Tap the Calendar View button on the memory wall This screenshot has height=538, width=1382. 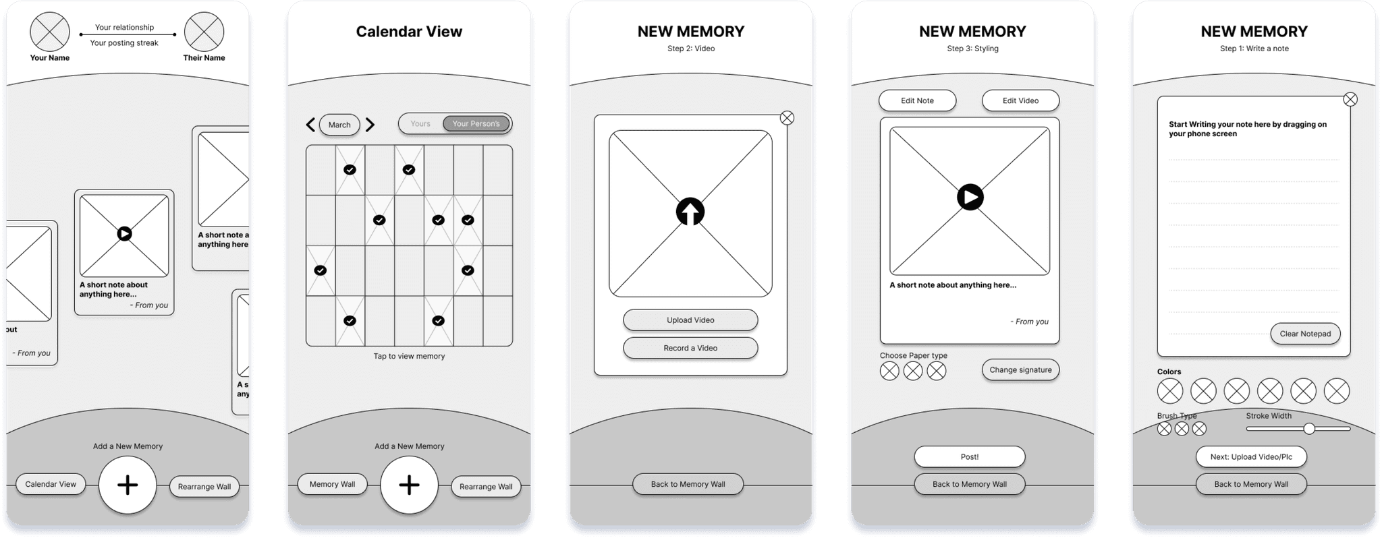click(51, 484)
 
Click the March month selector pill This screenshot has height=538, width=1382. click(339, 125)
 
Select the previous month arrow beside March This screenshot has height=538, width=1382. click(310, 125)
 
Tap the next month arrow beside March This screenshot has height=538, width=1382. click(370, 125)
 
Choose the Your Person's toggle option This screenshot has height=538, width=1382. click(476, 124)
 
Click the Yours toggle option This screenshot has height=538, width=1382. click(420, 124)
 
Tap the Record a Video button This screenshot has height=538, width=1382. click(690, 348)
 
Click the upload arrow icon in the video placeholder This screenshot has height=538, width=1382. click(690, 212)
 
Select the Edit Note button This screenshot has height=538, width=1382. click(917, 100)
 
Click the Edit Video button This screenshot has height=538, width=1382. click(1020, 100)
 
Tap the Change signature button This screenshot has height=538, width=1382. click(1020, 369)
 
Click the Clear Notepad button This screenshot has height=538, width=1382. click(1305, 334)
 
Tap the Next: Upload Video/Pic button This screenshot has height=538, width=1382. click(1251, 456)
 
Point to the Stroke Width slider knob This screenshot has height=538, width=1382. click(1309, 429)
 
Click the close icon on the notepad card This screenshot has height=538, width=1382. click(1350, 100)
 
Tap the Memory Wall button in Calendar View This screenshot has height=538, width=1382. click(332, 484)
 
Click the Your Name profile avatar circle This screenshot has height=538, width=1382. click(50, 32)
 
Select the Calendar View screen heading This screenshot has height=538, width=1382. click(409, 32)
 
